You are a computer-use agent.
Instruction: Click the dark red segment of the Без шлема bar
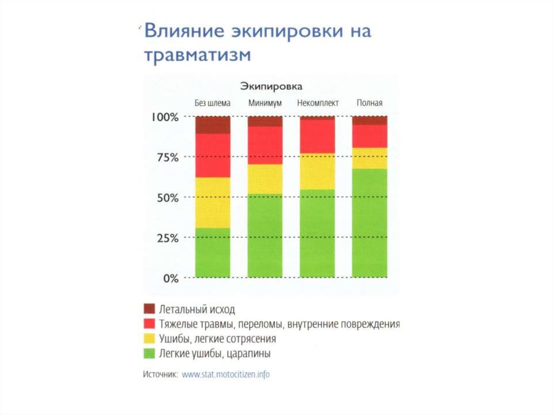click(213, 125)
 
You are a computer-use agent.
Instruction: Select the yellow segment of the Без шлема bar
click(213, 202)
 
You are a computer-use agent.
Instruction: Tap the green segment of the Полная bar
click(370, 223)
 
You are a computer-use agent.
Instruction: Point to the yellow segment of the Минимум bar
click(265, 179)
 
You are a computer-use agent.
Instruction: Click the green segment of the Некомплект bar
click(317, 233)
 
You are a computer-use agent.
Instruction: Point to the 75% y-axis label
click(166, 157)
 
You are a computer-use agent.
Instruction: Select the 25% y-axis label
click(166, 238)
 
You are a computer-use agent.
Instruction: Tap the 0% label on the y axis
click(169, 278)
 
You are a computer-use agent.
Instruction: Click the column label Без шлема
click(213, 103)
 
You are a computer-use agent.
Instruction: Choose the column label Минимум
click(265, 103)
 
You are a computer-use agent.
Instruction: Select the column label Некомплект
click(318, 103)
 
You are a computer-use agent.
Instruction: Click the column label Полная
click(370, 103)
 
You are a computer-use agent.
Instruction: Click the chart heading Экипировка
click(271, 87)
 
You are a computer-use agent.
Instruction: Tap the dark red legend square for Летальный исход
click(149, 309)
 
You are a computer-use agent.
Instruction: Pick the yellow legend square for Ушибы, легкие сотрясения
click(149, 339)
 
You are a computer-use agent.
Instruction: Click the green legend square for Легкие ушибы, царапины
click(149, 354)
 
